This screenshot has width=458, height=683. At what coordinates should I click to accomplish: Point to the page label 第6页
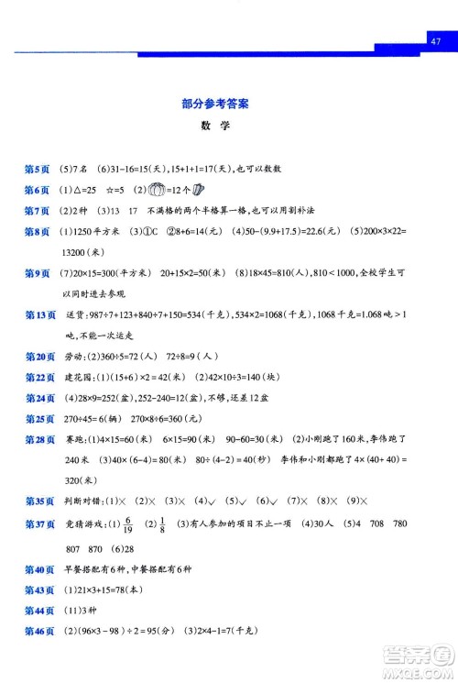(x=38, y=191)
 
